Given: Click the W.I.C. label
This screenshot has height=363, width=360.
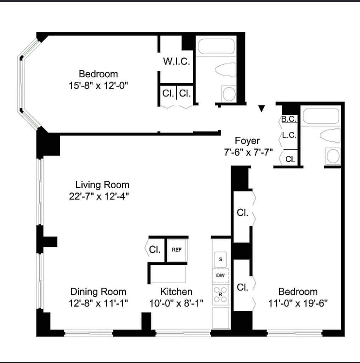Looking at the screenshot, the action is tap(176, 61).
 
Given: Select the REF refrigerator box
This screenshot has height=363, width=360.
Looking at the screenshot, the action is tap(177, 250).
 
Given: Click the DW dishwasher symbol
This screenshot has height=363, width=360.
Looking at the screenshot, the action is tap(220, 275).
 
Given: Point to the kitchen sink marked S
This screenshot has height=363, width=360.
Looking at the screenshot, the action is tap(220, 259).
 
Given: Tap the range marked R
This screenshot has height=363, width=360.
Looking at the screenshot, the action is tap(220, 294).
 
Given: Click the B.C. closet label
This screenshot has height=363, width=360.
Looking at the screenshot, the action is tap(289, 119).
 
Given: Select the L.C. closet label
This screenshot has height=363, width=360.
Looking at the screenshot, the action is tap(289, 135).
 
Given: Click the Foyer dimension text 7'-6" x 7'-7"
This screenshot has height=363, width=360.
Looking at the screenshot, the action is tap(248, 152).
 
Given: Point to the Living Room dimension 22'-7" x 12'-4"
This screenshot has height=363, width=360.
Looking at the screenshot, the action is tap(99, 196).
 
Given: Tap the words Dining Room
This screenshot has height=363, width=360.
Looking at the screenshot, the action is tap(99, 292).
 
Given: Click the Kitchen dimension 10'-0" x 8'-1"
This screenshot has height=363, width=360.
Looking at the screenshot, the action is tap(176, 303).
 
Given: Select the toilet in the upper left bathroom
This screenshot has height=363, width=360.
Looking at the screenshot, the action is tap(226, 69).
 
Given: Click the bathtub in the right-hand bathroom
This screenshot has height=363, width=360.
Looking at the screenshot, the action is tap(321, 116).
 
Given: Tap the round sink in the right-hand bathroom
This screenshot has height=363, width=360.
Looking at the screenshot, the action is tap(333, 156).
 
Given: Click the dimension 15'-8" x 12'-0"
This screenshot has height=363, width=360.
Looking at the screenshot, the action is tap(99, 86).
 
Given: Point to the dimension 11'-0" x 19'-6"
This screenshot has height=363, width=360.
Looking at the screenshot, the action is tap(298, 303).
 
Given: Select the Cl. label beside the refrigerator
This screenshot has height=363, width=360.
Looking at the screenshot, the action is tap(155, 250).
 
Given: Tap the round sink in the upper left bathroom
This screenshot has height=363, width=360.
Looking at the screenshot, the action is tap(229, 94).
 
